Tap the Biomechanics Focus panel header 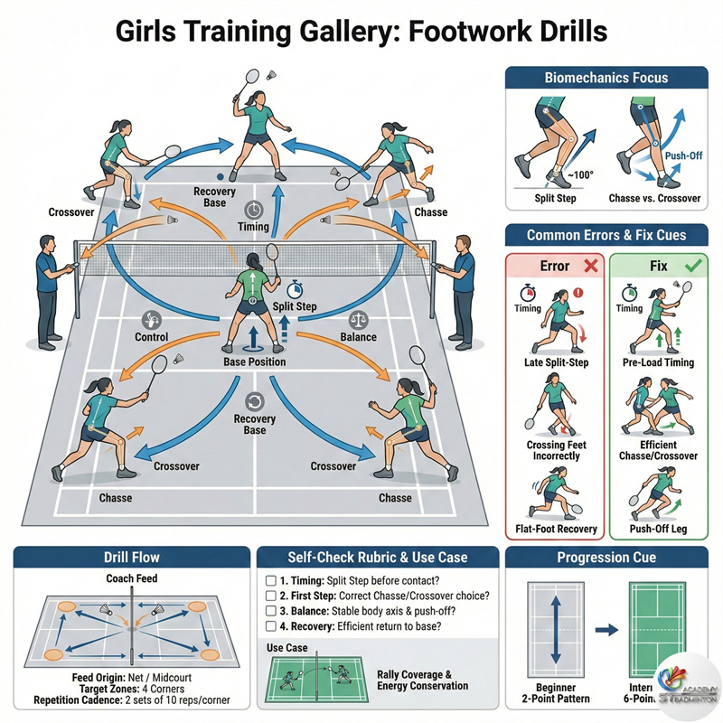pos(606,77)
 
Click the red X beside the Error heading pos(588,267)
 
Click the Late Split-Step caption pos(557,363)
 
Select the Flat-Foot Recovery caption pos(556,529)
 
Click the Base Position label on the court pos(255,361)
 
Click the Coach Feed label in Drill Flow pos(133,578)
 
